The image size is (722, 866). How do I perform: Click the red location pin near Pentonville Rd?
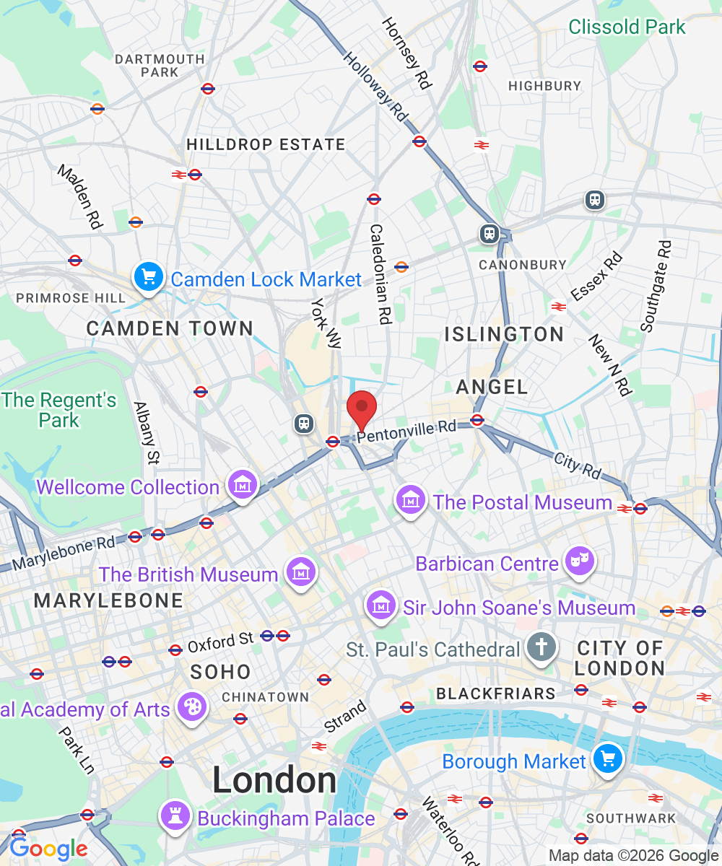[x=362, y=409]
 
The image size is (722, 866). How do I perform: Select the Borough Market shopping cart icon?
[x=608, y=759]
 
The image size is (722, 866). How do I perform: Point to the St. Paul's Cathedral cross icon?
[x=541, y=647]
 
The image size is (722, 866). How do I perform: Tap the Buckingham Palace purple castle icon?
[x=176, y=815]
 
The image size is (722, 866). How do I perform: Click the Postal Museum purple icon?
[x=411, y=499]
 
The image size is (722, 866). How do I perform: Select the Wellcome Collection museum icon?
[x=242, y=485]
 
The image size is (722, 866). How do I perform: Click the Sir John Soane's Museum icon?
[x=380, y=605]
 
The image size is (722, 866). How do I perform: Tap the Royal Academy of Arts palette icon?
[x=192, y=707]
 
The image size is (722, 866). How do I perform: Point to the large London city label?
[x=274, y=781]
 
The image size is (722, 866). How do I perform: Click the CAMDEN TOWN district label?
[x=170, y=329]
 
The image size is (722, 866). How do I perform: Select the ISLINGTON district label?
[x=504, y=334]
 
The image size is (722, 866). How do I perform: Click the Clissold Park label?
[x=627, y=27]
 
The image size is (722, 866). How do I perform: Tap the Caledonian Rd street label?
[x=380, y=274]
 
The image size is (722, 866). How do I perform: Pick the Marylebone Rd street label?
[x=64, y=552]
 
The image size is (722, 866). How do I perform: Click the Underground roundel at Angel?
[x=477, y=420]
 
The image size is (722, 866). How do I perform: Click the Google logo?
[x=48, y=849]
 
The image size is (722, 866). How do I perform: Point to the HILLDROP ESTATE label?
[x=266, y=145]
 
